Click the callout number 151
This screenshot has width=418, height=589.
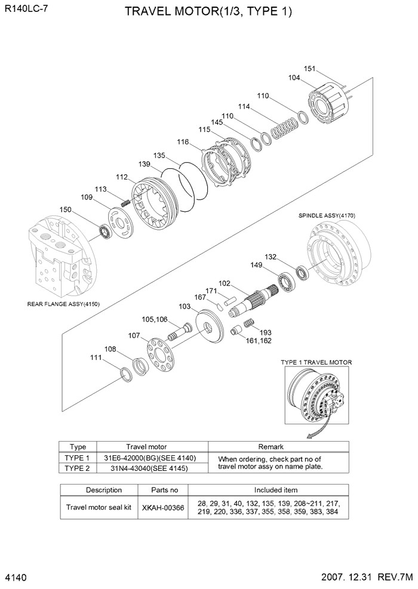pyautogui.click(x=309, y=69)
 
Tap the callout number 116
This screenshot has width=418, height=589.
pyautogui.click(x=183, y=142)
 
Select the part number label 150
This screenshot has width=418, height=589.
pyautogui.click(x=66, y=209)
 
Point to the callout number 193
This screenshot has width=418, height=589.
pyautogui.click(x=266, y=332)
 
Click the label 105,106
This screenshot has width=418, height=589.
pyautogui.click(x=154, y=319)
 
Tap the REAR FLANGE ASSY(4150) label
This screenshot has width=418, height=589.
pyautogui.click(x=63, y=304)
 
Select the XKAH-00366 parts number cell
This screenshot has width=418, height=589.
pyautogui.click(x=163, y=507)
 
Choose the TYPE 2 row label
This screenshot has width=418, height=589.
pyautogui.click(x=78, y=468)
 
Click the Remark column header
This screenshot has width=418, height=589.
pyautogui.click(x=270, y=446)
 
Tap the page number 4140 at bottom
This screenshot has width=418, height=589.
pyautogui.click(x=17, y=578)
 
